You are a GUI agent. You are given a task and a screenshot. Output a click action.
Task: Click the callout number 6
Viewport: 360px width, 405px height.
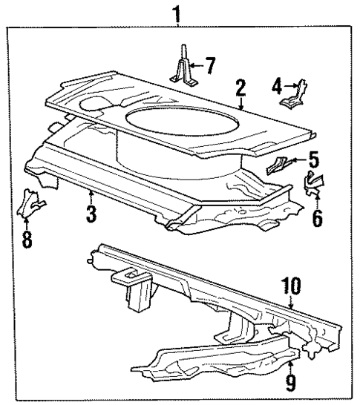(x=318, y=220)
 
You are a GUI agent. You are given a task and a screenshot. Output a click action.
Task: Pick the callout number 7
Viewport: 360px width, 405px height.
(x=209, y=65)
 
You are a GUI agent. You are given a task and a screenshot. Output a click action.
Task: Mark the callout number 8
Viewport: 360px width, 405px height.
(x=27, y=241)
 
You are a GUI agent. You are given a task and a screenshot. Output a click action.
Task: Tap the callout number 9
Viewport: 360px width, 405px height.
(x=290, y=384)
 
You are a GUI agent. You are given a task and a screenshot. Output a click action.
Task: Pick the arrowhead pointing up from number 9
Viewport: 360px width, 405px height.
(x=290, y=364)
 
